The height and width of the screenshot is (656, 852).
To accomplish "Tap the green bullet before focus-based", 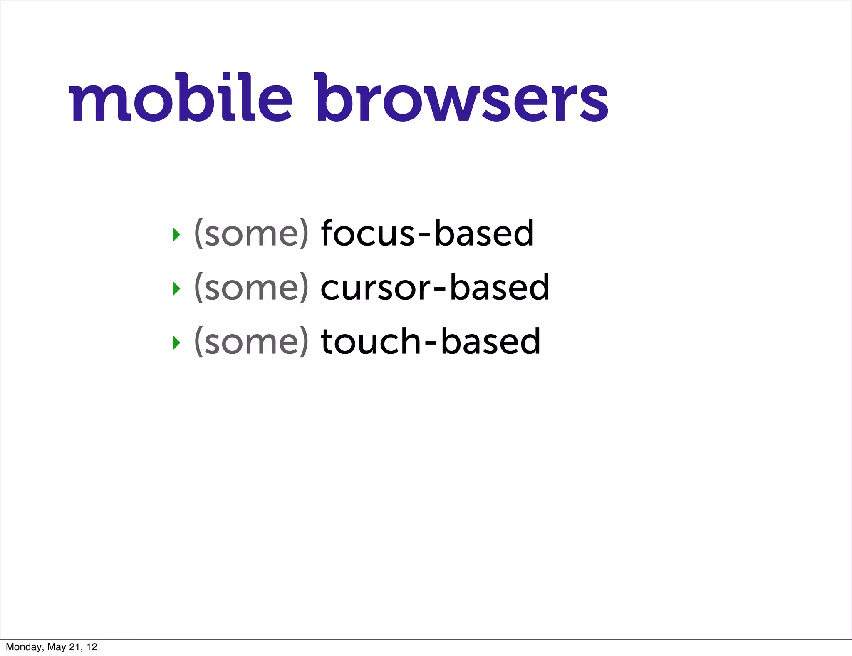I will click(177, 235).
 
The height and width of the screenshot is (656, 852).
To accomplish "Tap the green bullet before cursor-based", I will click(177, 288).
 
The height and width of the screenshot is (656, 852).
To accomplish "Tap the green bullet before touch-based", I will click(177, 343).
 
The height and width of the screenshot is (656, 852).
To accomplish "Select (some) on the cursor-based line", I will click(251, 288).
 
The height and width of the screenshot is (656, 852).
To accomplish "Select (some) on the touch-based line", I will click(251, 342).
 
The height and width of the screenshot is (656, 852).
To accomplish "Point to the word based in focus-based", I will click(484, 233).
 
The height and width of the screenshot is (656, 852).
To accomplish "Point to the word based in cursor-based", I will click(499, 288).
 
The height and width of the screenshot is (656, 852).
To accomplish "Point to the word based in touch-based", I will click(490, 341).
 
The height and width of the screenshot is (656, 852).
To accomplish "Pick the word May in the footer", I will click(57, 647).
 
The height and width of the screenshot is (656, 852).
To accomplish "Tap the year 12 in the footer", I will click(92, 647).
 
